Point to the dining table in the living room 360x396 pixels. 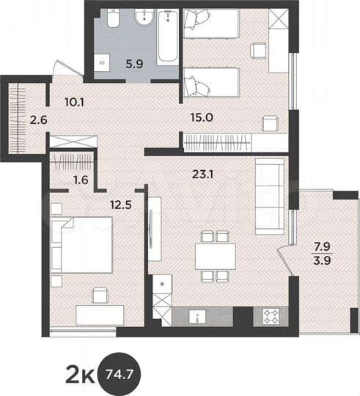pos(215,254)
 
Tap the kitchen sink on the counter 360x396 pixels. pos(196,317)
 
